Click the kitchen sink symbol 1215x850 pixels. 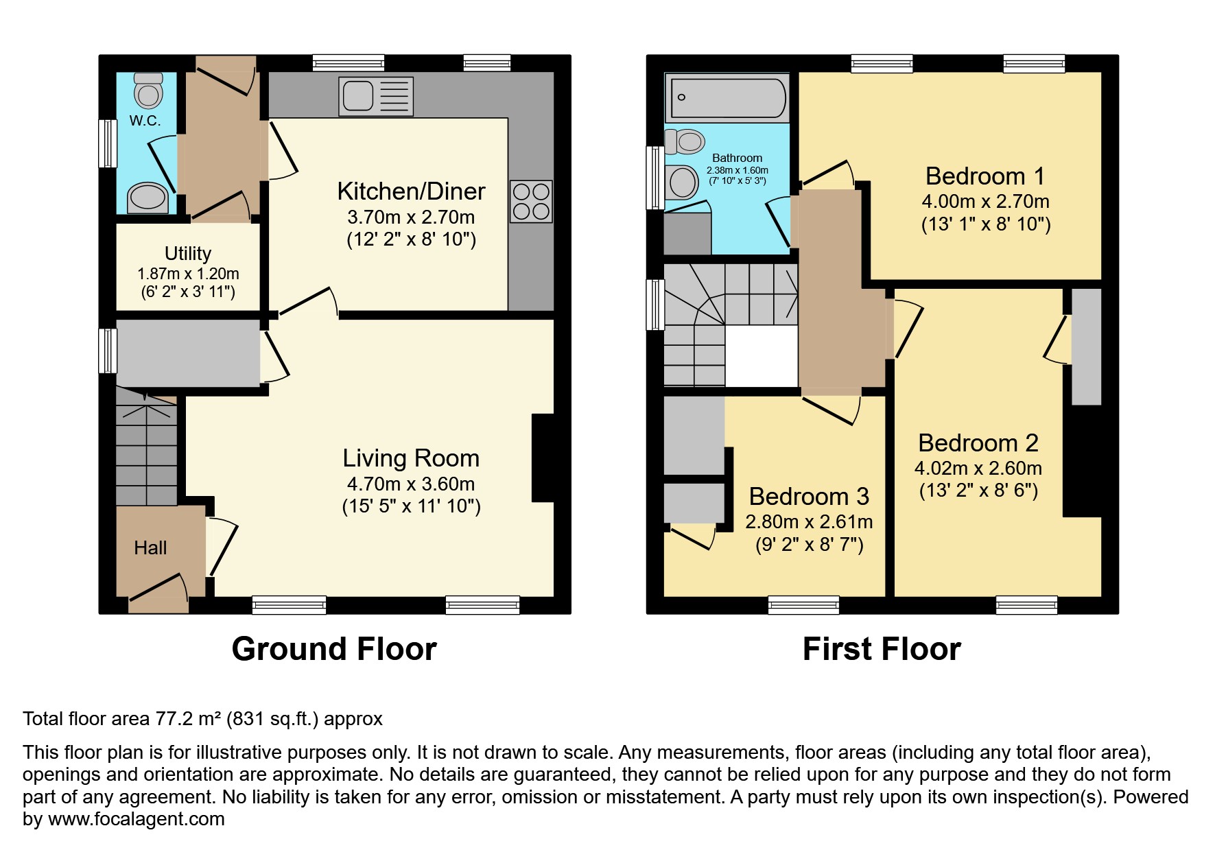click(376, 96)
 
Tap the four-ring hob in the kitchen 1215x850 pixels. click(531, 202)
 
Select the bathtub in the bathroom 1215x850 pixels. click(728, 97)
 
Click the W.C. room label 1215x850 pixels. click(145, 121)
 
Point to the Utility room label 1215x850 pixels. click(188, 253)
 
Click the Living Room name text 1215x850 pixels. click(411, 458)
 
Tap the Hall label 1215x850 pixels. click(150, 547)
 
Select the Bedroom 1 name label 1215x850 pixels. click(985, 176)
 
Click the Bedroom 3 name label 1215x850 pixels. click(809, 496)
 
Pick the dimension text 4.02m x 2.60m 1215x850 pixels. click(978, 469)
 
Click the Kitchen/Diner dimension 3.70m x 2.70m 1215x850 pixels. click(411, 217)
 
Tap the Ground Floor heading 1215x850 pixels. click(334, 649)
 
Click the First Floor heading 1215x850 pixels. click(882, 649)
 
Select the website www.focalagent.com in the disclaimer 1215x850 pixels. click(137, 819)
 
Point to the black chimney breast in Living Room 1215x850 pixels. click(543, 458)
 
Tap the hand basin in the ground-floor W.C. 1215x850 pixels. click(148, 198)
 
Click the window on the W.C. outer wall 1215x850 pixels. click(108, 143)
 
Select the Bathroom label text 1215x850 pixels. click(737, 158)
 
